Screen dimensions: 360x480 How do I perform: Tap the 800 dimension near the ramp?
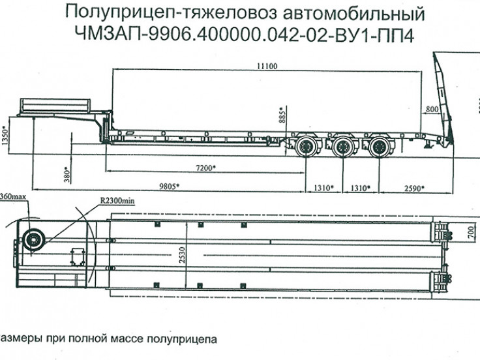click(431, 109)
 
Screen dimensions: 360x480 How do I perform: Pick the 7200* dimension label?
click(205, 168)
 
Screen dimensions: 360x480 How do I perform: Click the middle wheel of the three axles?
click(341, 147)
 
